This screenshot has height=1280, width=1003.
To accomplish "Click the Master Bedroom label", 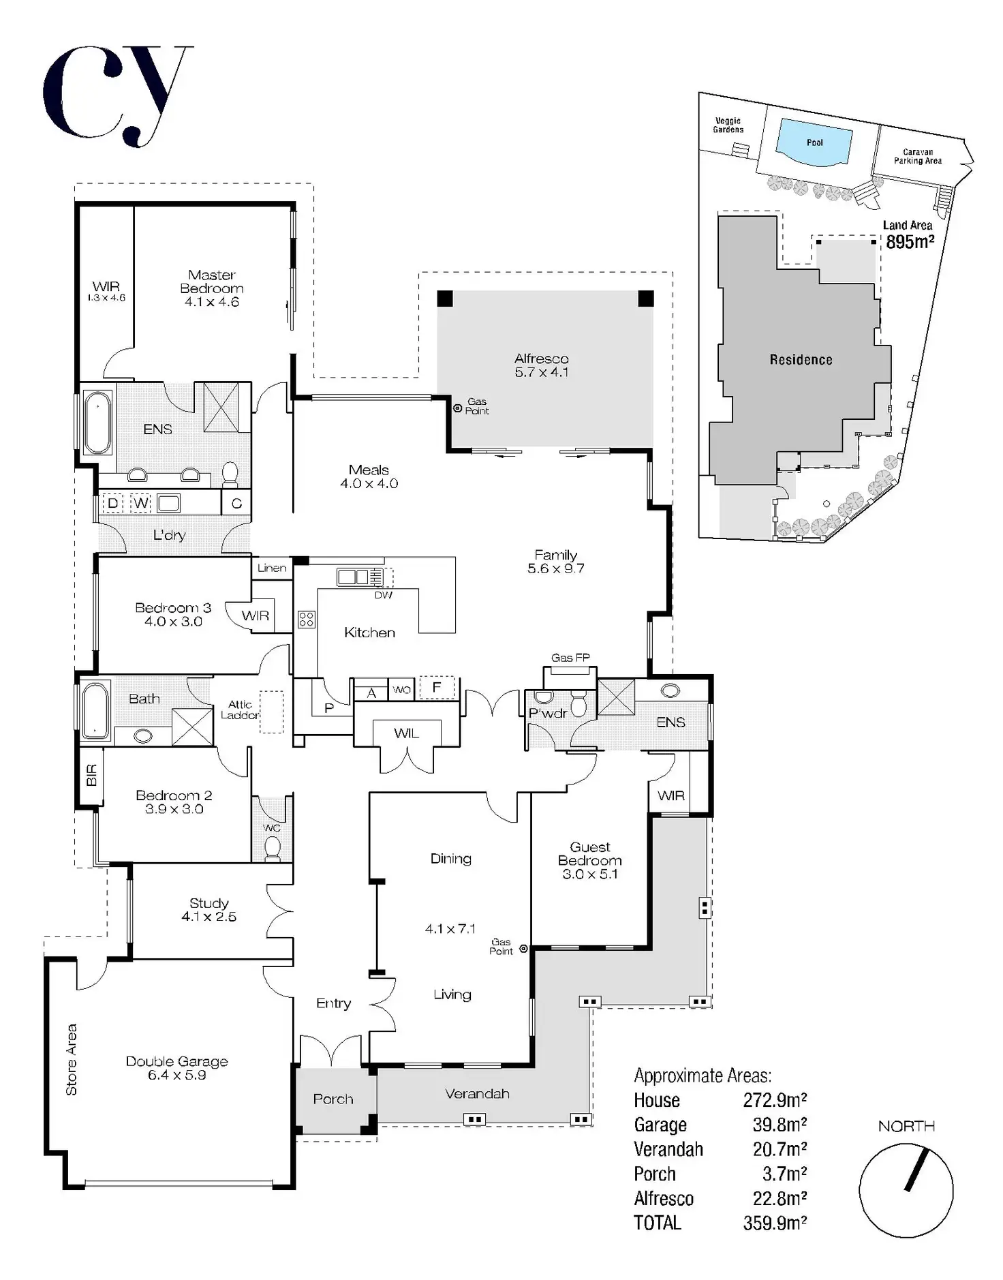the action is [211, 281].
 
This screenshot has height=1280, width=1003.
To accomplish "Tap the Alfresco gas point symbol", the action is [458, 408].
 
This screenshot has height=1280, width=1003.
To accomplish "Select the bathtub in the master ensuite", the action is [97, 423].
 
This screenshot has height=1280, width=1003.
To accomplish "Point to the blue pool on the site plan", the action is [815, 142].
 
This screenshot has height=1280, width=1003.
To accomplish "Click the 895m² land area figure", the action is [910, 242].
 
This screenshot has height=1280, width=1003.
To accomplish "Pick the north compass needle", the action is [916, 1170].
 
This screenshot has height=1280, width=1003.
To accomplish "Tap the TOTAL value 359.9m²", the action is [775, 1223].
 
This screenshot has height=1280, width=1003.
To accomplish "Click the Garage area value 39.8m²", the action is [780, 1125].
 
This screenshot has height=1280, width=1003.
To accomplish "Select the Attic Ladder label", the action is [240, 710].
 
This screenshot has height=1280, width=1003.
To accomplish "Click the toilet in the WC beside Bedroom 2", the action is [272, 847].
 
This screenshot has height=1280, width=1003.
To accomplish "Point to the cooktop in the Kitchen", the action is [306, 619].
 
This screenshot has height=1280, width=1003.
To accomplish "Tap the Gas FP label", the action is [570, 658].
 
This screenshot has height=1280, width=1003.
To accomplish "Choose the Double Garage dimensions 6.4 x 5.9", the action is [176, 1075].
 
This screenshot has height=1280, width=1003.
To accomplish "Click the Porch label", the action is [333, 1099].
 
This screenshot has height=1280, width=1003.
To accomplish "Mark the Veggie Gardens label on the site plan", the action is [728, 125].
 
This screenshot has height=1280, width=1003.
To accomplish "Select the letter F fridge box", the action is [437, 687].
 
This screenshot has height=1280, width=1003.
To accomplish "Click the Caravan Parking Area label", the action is [918, 157].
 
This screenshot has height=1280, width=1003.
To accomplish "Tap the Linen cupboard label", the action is [272, 568].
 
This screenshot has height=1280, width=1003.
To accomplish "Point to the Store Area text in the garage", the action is [72, 1059].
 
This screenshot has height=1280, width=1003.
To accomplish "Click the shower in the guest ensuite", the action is [616, 697].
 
